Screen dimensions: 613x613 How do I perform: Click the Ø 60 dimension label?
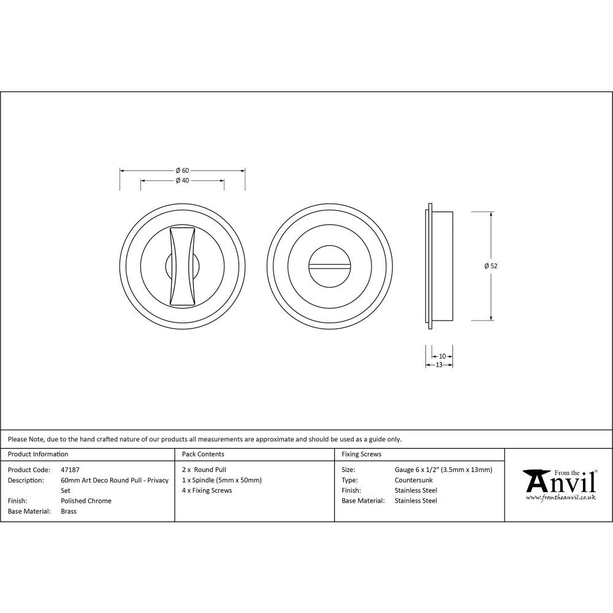[182, 170]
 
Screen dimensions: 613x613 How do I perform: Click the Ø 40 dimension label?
[182, 181]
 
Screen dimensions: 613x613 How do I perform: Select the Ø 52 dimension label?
[490, 266]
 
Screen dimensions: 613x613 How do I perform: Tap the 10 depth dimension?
[443, 356]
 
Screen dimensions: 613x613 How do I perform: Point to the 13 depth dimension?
[439, 365]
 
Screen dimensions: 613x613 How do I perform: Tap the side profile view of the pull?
[439, 265]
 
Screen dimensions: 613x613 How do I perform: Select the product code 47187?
[70, 470]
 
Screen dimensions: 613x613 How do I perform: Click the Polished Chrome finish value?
[86, 501]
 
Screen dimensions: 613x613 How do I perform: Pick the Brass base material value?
[69, 511]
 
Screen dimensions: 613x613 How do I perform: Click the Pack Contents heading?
[203, 454]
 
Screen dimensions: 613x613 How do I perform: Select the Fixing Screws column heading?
[361, 454]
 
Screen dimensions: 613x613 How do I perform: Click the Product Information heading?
[38, 454]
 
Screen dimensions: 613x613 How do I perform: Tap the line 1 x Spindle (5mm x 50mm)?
[222, 480]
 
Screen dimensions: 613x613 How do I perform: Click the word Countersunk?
[413, 480]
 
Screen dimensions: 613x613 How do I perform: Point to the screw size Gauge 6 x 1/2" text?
[443, 470]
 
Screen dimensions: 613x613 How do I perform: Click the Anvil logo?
[560, 481]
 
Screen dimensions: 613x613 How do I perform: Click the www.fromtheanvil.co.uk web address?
[560, 498]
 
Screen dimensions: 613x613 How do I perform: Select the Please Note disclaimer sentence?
[205, 439]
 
